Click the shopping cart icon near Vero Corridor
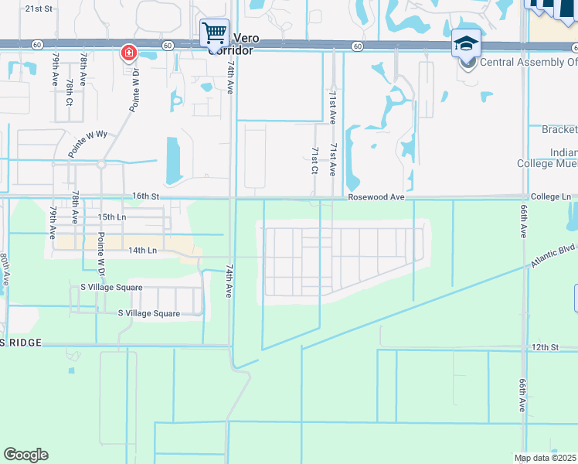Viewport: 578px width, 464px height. (x=214, y=33)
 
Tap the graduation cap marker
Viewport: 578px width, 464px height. (x=467, y=43)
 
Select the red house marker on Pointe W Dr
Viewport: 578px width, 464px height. (x=128, y=53)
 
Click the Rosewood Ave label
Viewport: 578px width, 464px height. (x=376, y=197)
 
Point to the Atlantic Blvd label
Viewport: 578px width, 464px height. (x=553, y=258)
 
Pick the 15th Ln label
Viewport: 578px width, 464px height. (x=112, y=217)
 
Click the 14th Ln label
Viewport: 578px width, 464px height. (x=142, y=251)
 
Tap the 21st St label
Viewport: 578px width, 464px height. (x=38, y=9)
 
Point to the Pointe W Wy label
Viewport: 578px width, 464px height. (x=87, y=145)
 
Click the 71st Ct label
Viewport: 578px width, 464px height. (x=314, y=160)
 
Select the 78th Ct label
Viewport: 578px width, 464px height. (x=69, y=91)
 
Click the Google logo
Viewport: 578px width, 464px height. (x=25, y=455)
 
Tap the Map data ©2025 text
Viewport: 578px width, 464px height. (x=545, y=458)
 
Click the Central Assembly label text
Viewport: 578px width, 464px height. (x=529, y=63)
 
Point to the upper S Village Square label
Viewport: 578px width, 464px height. (x=111, y=287)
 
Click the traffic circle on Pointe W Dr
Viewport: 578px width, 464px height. (x=101, y=164)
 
